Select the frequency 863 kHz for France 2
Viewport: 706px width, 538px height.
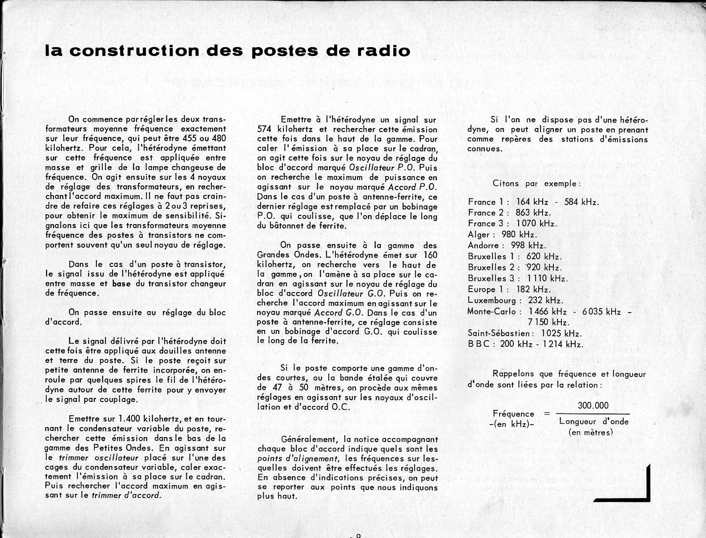[533, 213]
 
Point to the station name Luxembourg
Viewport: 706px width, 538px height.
[494, 301]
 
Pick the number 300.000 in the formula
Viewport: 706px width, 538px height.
[593, 406]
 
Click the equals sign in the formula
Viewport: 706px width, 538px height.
[547, 414]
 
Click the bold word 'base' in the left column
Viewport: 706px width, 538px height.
[121, 284]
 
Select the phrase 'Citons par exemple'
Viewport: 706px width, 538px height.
[537, 184]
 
